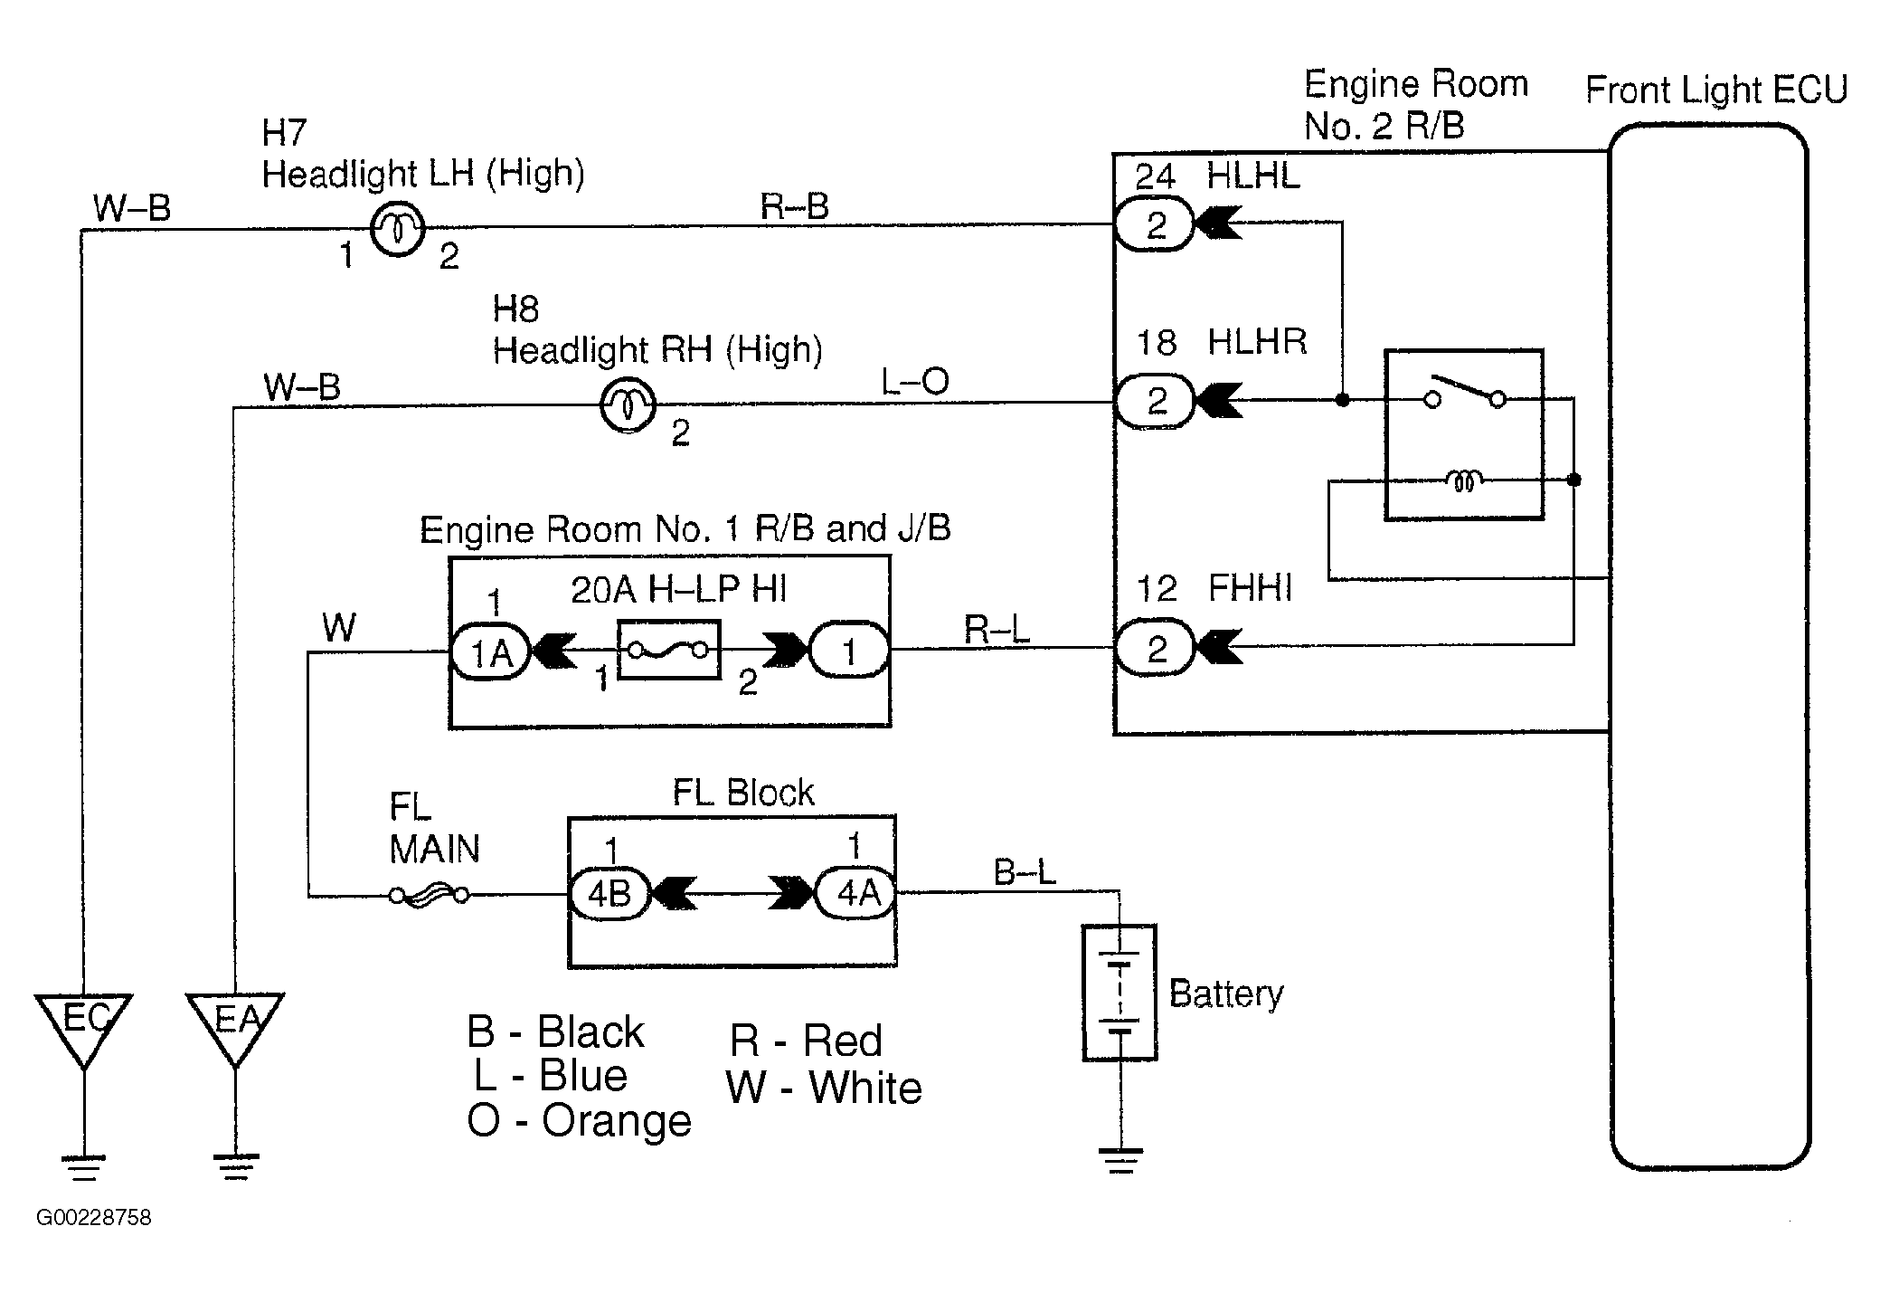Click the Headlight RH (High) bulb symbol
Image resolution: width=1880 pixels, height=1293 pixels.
[628, 404]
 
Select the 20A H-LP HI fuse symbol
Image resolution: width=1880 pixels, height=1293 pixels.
[669, 650]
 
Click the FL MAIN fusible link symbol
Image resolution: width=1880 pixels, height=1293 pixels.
[429, 896]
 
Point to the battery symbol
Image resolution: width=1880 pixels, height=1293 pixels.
[1119, 992]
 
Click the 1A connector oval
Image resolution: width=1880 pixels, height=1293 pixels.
[490, 651]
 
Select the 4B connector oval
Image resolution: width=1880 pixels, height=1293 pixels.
[609, 894]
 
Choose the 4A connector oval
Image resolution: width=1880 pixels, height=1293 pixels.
[855, 893]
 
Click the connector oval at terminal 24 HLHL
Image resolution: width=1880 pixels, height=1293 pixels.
[1154, 224]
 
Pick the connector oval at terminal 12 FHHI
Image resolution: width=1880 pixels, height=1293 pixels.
[1154, 648]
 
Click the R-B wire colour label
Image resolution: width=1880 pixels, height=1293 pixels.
[794, 206]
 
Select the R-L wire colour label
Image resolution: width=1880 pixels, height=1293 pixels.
[997, 629]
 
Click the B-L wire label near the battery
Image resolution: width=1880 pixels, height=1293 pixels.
[1025, 872]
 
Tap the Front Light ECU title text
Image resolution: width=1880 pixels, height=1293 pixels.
[1716, 90]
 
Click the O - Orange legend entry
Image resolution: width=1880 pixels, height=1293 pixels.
[579, 1120]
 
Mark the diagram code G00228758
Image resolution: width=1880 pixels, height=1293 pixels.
[94, 1217]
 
